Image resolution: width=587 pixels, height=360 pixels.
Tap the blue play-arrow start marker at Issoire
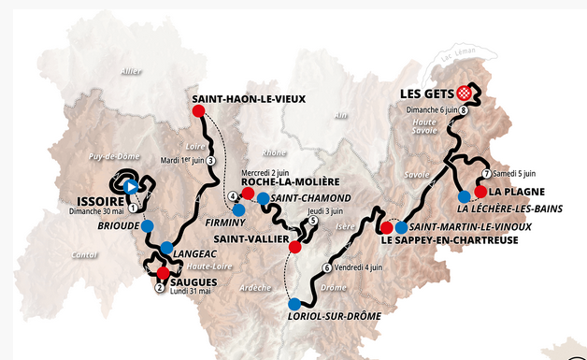tap(132, 186)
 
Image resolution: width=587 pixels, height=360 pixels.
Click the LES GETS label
tap(426, 94)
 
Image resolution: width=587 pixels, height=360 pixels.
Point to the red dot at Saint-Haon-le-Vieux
tap(197, 111)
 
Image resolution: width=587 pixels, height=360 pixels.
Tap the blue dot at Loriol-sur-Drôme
tap(294, 304)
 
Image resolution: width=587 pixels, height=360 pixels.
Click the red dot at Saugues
tap(163, 272)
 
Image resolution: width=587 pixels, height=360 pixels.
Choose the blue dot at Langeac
tap(166, 248)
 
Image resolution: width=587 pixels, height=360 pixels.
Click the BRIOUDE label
tap(117, 226)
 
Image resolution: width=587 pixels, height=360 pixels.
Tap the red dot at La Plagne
tap(480, 192)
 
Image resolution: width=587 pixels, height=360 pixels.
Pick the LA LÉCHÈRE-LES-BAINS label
tap(509, 209)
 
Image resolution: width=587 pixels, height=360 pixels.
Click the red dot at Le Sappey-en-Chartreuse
tap(387, 227)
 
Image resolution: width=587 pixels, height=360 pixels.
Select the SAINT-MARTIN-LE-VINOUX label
tap(470, 226)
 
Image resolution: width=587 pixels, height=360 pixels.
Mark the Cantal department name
tap(84, 254)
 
